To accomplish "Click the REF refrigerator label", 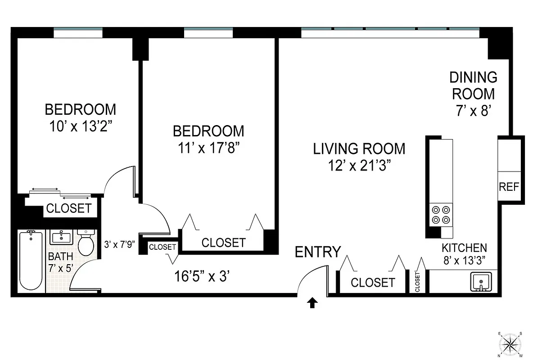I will [x=509, y=186].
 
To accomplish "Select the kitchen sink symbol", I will [x=481, y=282].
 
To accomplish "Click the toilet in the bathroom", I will [x=85, y=243].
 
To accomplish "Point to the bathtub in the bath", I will [x=31, y=261].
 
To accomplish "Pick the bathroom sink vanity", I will [x=60, y=237].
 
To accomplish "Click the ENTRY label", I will [x=318, y=252].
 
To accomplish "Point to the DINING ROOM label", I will [x=473, y=85].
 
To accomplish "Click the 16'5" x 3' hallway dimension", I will [x=203, y=276].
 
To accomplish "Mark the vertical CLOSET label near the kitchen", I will [x=417, y=282].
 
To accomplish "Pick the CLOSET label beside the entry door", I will [x=372, y=283].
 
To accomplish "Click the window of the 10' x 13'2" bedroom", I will [x=78, y=33].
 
